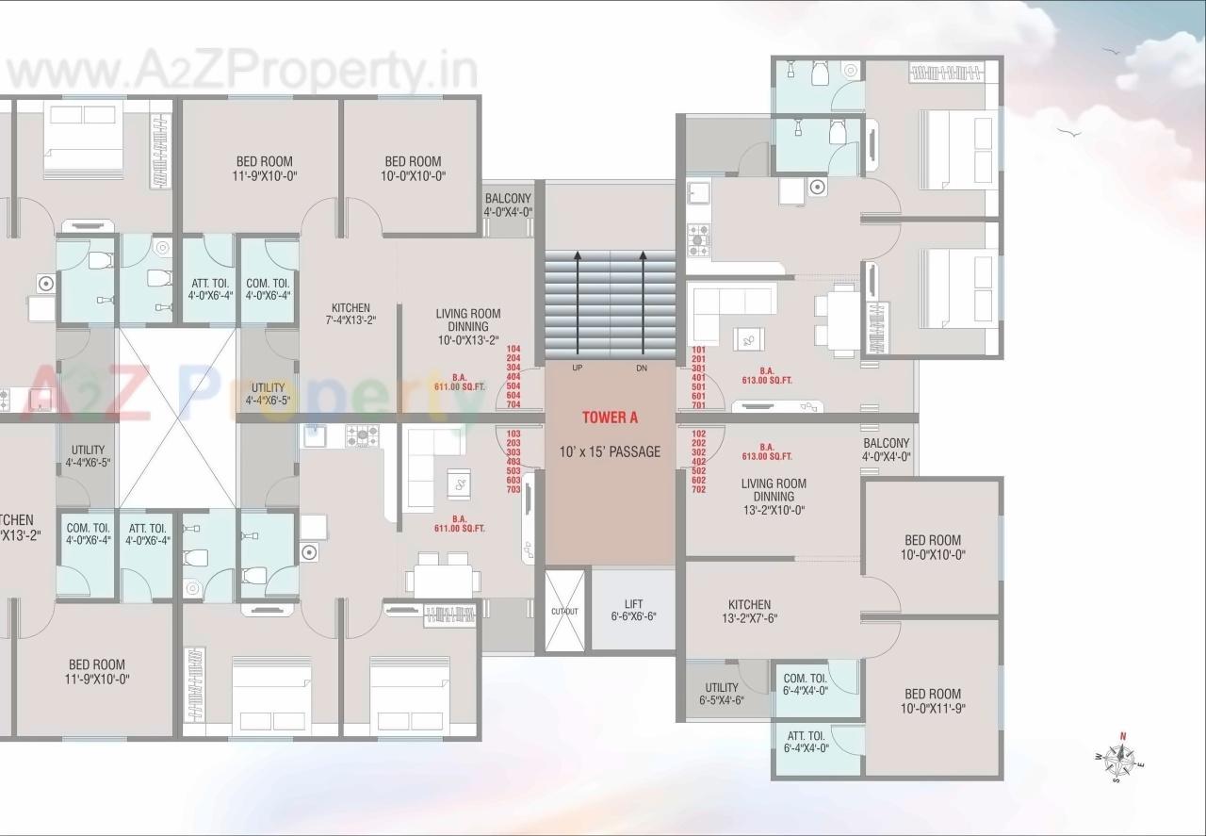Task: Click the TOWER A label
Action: coord(610,418)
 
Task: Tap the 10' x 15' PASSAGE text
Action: coord(610,451)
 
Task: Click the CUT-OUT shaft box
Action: coord(564,611)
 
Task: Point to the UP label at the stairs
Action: coord(577,368)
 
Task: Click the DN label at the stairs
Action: coord(642,368)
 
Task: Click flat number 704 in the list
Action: coord(513,404)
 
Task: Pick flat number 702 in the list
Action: coord(698,490)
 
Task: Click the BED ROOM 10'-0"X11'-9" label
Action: coord(933,700)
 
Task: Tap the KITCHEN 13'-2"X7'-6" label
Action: coord(749,612)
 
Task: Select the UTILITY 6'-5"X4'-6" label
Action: coord(722,694)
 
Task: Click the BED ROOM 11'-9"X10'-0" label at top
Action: coord(265,168)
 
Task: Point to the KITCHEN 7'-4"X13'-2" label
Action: coord(350,315)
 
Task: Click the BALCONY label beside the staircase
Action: coord(508,205)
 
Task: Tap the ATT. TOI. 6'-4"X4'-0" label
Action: coord(805,742)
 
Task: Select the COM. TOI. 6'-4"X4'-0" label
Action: coord(805,684)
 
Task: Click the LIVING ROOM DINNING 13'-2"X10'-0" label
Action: coord(774,497)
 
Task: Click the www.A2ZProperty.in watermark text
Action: coord(241,71)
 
